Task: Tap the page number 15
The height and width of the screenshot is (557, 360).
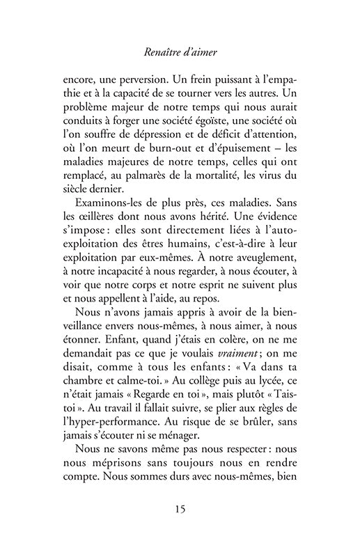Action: click(180, 508)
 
